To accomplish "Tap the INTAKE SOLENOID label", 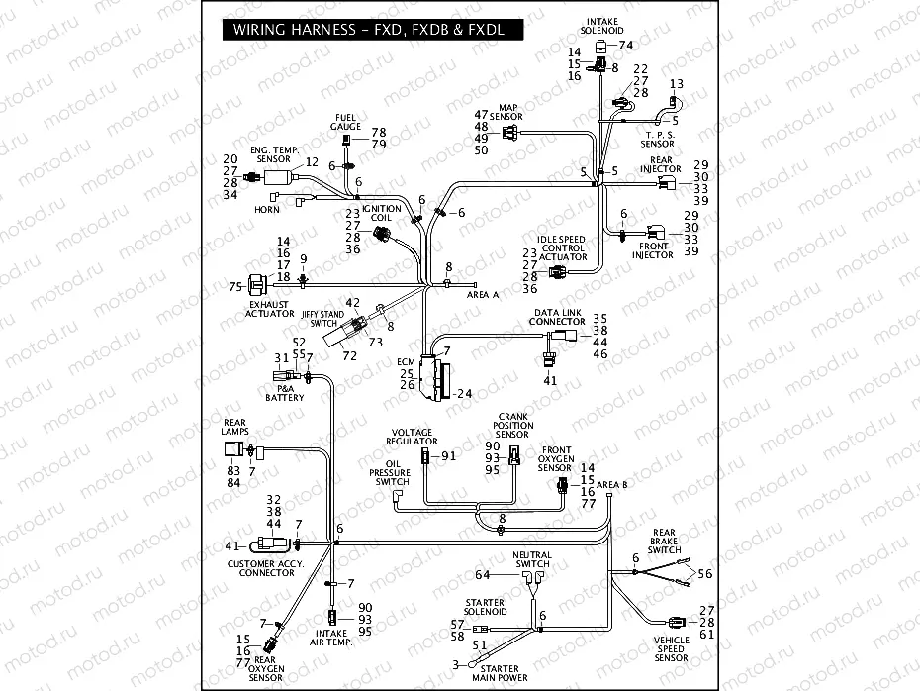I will coord(603,26).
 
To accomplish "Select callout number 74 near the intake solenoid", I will coord(625,46).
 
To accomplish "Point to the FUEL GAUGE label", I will coord(346,122).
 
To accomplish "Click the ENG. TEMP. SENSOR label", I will coord(274,152).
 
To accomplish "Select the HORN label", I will coord(267,209).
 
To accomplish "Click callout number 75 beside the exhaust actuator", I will coord(235,287).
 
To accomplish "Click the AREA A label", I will coord(483,294).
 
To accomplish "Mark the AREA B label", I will coord(612,484).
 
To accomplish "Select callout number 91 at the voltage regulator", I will coord(448,456).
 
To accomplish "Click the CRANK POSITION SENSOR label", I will coord(511,426).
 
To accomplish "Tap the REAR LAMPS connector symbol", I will coord(236,451).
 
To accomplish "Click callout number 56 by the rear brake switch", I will coord(704,573).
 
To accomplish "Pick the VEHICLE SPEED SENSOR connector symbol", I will coord(677,623).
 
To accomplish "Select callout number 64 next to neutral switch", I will coord(483,575).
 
